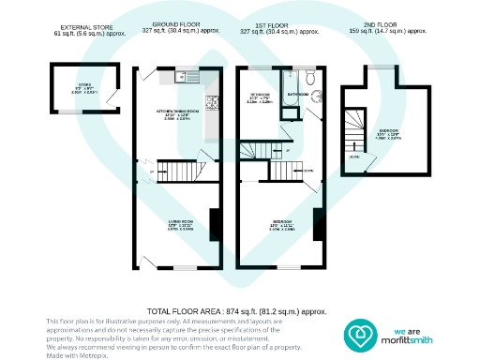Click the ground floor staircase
(x=177, y=172)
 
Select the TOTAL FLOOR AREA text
(x=236, y=310)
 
